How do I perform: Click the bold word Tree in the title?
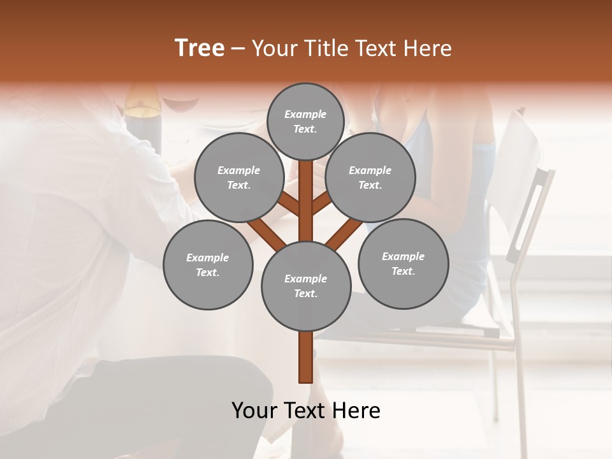tap(200, 48)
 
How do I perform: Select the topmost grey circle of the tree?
tap(305, 121)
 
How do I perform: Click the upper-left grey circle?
tap(238, 177)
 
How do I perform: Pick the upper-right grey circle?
tap(370, 177)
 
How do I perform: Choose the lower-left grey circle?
tap(208, 265)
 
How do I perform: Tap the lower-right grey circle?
tap(403, 263)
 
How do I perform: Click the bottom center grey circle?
tap(305, 286)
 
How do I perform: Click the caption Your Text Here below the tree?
tap(305, 411)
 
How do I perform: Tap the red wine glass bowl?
tap(181, 105)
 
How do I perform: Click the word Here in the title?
tap(428, 48)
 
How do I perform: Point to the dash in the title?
tap(238, 49)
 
